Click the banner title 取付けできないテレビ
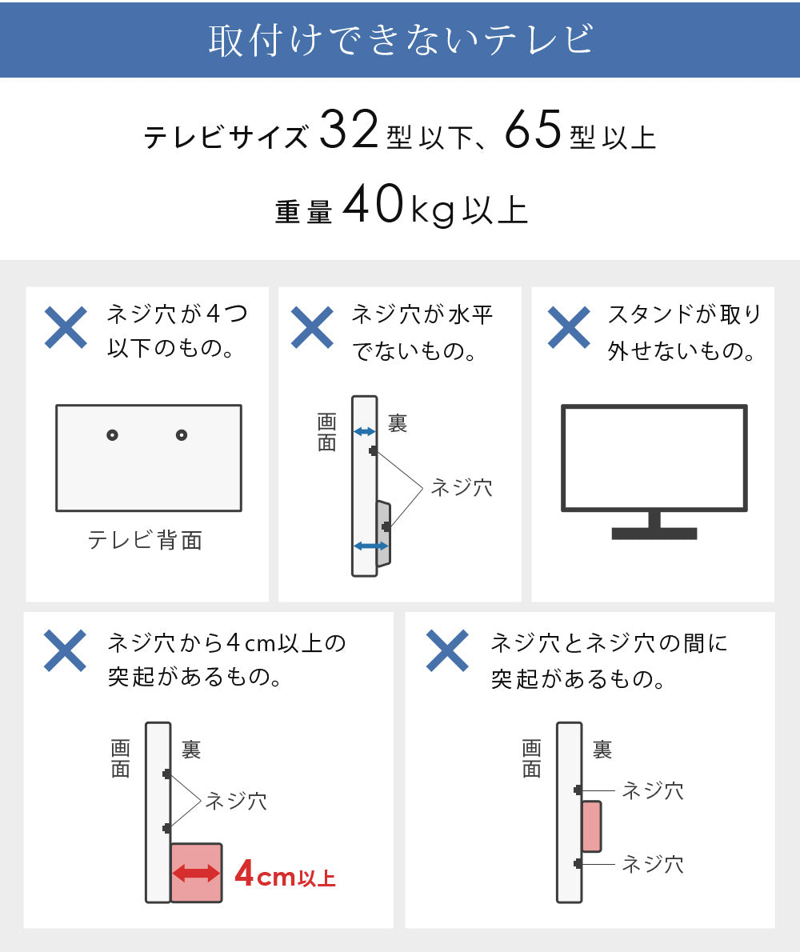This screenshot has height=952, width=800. click(x=401, y=39)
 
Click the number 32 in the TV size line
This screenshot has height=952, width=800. click(x=349, y=130)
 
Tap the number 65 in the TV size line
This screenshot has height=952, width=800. click(x=533, y=130)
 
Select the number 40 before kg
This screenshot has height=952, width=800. click(x=374, y=204)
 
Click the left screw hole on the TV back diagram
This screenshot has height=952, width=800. click(x=112, y=434)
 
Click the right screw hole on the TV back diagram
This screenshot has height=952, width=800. click(x=182, y=434)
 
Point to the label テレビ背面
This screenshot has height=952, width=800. click(x=145, y=540)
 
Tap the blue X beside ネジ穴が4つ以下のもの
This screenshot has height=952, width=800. click(x=66, y=327)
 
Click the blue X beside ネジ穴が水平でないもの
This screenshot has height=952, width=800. click(x=312, y=327)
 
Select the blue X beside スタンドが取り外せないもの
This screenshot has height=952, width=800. click(x=569, y=327)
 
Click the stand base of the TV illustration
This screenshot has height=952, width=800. click(x=654, y=534)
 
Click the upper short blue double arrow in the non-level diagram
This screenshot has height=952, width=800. click(x=364, y=432)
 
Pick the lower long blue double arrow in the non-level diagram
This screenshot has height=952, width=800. click(x=371, y=546)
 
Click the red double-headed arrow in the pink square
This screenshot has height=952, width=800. click(x=196, y=874)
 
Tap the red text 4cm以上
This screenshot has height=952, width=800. click(x=285, y=874)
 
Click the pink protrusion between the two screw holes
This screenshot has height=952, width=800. click(x=592, y=826)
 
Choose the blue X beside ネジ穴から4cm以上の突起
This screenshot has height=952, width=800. click(x=66, y=651)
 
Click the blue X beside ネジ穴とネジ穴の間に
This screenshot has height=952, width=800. click(x=447, y=651)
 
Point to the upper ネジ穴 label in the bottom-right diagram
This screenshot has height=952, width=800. click(x=653, y=790)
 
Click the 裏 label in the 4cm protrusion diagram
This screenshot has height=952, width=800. click(x=191, y=750)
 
